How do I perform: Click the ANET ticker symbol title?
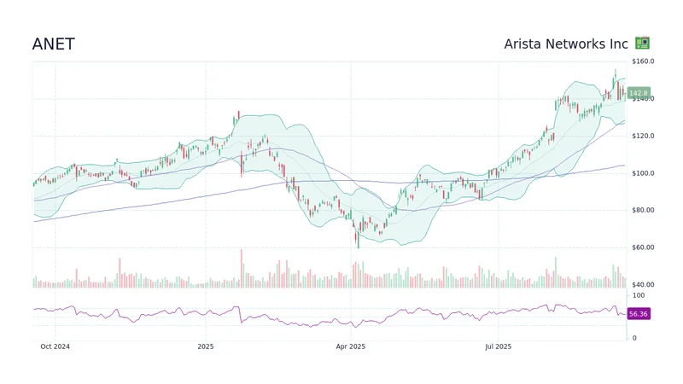click(53, 44)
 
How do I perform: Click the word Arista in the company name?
click(524, 44)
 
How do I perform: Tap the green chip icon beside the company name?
click(642, 44)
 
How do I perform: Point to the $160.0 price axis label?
click(643, 61)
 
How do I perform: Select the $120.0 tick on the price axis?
click(643, 136)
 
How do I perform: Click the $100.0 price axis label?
click(643, 173)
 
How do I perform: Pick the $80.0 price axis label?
click(643, 210)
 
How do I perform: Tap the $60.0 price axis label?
click(643, 247)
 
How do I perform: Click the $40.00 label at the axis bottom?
click(643, 284)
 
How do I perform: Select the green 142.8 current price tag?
click(638, 93)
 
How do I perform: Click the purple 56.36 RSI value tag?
click(638, 314)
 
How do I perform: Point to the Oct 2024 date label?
click(55, 346)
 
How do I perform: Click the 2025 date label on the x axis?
click(205, 346)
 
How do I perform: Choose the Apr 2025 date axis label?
click(351, 346)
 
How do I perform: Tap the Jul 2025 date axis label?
click(497, 346)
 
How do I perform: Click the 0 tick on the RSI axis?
click(634, 338)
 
